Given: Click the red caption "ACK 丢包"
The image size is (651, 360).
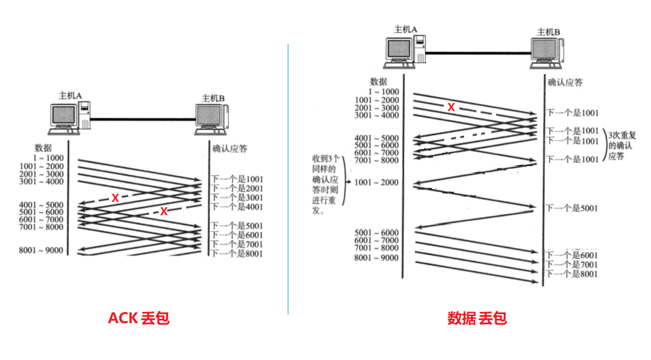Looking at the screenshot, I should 138,318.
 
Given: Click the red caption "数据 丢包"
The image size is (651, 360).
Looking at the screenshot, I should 476,318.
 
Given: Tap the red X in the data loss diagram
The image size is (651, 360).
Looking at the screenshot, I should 451,107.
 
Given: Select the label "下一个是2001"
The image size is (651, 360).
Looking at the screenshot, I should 237,189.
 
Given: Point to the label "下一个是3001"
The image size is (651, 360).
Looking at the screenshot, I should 237,198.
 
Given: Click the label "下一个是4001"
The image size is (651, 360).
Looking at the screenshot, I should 237,207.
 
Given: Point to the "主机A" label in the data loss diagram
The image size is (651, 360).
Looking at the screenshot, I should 405,29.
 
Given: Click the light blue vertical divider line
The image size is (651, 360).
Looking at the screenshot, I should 288,179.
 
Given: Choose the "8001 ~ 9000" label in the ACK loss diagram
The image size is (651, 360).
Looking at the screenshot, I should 41,251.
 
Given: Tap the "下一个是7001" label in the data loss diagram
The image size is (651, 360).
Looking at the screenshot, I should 571,265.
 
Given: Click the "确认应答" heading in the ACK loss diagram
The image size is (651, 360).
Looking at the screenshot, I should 230,148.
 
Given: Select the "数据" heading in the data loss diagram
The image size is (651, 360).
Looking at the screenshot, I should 378,82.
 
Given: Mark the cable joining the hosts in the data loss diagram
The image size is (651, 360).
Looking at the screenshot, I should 477,52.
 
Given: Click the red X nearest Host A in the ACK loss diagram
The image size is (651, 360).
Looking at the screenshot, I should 115,198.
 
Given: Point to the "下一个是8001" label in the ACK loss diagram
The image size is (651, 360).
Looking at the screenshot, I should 237,254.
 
